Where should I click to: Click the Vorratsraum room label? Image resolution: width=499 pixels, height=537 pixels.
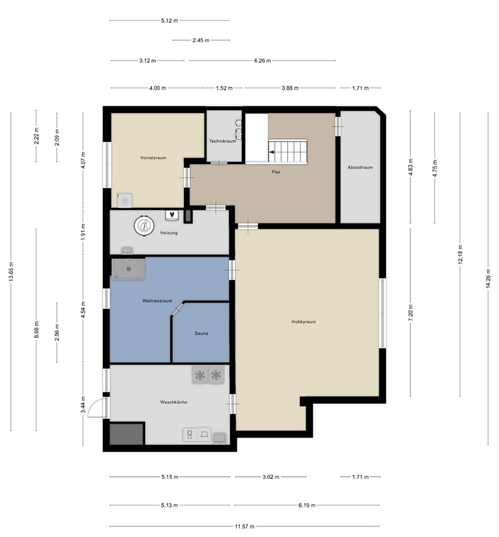[154, 157]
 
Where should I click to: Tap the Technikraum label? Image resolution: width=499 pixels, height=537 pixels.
[223, 141]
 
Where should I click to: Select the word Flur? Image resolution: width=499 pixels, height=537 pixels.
[276, 173]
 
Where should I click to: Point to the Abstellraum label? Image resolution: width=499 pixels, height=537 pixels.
[360, 168]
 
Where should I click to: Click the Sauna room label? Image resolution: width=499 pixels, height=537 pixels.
[201, 334]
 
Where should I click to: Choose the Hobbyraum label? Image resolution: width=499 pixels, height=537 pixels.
[304, 321]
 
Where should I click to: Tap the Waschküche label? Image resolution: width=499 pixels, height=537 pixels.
[173, 402]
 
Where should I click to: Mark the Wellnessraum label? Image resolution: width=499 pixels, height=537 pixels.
[158, 301]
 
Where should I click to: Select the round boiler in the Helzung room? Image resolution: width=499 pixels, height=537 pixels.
[145, 225]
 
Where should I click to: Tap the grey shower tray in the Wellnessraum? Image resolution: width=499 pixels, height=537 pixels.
[127, 268]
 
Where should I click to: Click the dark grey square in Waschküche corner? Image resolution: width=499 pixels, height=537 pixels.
[127, 434]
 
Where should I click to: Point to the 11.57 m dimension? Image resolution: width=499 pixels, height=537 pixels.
[245, 526]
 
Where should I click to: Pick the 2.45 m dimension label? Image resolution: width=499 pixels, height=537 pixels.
[200, 40]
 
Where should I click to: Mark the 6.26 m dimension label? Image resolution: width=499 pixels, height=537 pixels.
[263, 61]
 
